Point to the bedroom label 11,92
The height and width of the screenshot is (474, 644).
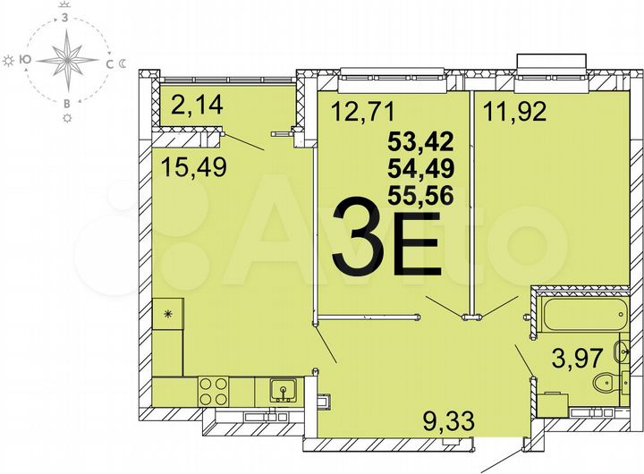click(515, 114)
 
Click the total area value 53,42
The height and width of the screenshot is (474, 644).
click(418, 140)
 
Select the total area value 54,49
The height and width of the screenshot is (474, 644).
click(418, 167)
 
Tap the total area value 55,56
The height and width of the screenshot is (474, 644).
click(418, 194)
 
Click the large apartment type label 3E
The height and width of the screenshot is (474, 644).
click(386, 240)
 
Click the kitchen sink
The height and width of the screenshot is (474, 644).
click(280, 390)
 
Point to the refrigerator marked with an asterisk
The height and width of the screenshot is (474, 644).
click(167, 314)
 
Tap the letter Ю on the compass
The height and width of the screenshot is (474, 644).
click(27, 60)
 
